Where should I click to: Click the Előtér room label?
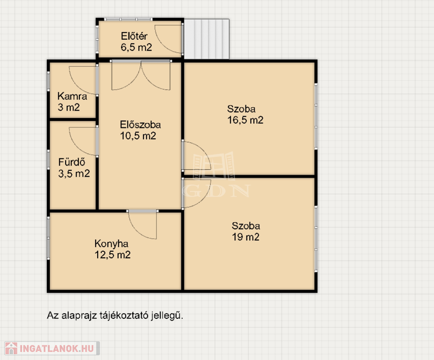point(134,36)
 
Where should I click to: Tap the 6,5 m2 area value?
point(136,47)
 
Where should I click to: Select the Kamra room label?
point(72,96)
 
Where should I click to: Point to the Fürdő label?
point(72,162)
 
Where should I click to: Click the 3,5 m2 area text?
point(74,173)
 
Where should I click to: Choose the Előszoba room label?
point(140,125)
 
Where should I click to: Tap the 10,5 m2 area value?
point(138,136)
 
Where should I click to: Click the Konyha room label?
point(111,244)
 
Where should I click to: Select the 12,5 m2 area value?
point(113,255)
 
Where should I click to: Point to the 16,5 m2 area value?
point(245,120)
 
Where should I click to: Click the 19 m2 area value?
point(245,237)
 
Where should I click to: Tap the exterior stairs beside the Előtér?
point(207,39)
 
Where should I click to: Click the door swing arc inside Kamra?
point(76,86)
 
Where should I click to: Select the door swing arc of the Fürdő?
point(76,147)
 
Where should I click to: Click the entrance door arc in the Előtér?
point(162,45)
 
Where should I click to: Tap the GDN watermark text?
point(216,190)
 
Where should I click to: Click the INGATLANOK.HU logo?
point(52,348)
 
